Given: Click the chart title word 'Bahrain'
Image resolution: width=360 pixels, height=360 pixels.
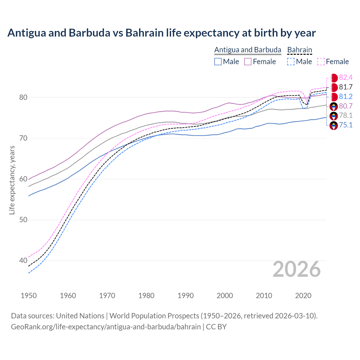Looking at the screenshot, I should [145, 33].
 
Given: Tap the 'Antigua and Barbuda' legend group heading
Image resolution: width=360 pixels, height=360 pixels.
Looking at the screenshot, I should [248, 50].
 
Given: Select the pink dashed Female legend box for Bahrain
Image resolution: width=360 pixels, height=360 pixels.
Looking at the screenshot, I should [321, 62].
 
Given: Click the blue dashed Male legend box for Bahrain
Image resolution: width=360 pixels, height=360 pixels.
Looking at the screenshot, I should [291, 62].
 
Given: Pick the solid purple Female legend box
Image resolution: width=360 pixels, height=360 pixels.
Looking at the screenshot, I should [248, 62].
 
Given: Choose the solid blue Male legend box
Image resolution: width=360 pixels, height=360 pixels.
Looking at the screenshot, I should [218, 62].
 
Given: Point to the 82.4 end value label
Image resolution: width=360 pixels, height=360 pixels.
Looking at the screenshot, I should [346, 78].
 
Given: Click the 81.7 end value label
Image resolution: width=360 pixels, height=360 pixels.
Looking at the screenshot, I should [346, 87].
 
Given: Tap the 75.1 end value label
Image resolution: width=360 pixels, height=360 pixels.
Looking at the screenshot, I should [346, 125].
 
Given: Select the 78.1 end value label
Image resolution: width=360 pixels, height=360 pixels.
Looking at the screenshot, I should [346, 116].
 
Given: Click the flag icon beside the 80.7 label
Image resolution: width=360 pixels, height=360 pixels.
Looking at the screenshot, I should [334, 106].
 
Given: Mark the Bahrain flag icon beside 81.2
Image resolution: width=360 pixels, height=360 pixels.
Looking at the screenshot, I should [334, 97].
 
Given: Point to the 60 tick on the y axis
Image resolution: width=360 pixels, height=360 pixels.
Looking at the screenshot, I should [23, 179].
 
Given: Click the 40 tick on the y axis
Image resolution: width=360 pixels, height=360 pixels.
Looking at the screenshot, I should [23, 260].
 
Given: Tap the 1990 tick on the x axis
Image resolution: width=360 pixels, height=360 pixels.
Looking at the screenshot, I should [186, 296].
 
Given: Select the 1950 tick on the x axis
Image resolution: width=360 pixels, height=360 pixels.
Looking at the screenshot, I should [29, 296].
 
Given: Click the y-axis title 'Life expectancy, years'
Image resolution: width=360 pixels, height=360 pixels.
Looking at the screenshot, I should [12, 180].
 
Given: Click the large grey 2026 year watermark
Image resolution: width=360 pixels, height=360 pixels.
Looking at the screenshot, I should [297, 269].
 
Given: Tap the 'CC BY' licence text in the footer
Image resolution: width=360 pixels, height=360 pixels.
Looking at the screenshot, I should [216, 327].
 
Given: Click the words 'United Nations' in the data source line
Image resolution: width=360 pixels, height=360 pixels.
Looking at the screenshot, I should [80, 316].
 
